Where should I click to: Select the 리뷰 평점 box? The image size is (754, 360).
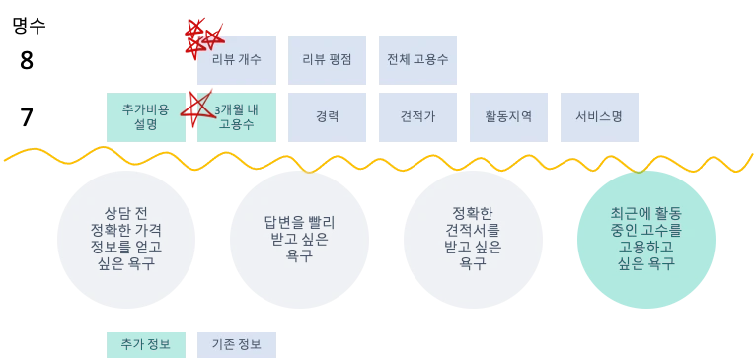[327, 59]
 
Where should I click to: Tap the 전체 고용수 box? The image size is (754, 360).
[417, 59]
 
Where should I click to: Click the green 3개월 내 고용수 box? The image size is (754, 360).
[237, 115]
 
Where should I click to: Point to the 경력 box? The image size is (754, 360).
[327, 115]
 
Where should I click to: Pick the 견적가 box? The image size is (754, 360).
[417, 115]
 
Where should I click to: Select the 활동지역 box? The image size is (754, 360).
[508, 115]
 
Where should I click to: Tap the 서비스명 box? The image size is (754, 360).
[599, 115]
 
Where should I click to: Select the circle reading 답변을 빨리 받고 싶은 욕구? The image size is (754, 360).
[299, 238]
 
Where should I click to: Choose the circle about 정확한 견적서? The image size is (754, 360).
[473, 238]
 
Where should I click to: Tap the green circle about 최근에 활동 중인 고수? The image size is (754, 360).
[646, 238]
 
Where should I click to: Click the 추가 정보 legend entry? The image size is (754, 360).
[145, 344]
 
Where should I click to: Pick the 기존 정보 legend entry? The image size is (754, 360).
[237, 344]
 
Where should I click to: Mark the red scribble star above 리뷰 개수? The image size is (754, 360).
[204, 36]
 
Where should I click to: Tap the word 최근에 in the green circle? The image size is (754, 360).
[629, 213]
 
